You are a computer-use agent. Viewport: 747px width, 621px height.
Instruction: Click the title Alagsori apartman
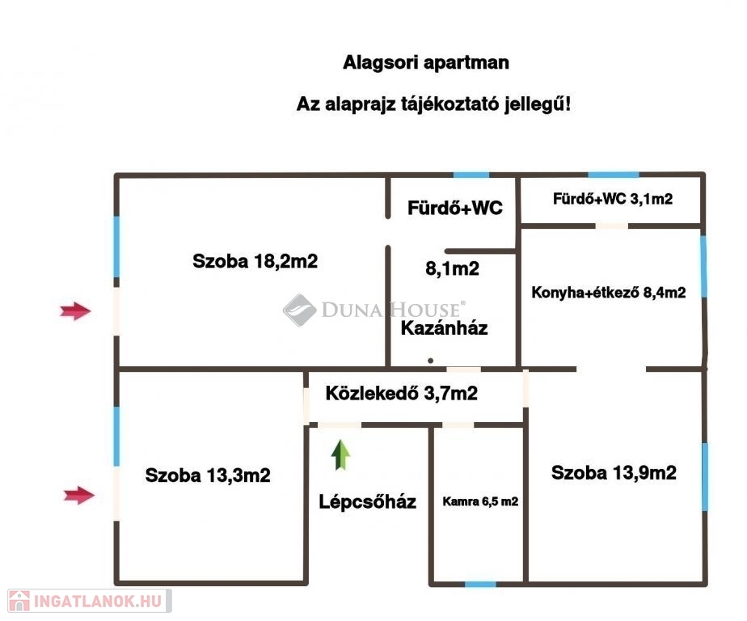pyautogui.click(x=426, y=62)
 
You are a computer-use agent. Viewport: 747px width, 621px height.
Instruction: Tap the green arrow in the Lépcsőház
pyautogui.click(x=341, y=455)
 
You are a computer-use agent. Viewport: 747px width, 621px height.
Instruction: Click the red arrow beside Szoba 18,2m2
pyautogui.click(x=76, y=310)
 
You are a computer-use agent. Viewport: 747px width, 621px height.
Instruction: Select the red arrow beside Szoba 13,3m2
pyautogui.click(x=79, y=495)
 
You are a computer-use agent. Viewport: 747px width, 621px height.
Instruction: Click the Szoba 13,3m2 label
pyautogui.click(x=208, y=475)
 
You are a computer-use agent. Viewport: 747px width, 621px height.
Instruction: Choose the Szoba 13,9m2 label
pyautogui.click(x=614, y=473)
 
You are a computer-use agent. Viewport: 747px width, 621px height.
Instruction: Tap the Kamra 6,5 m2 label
pyautogui.click(x=480, y=501)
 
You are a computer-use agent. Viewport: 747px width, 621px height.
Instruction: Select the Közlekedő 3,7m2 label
pyautogui.click(x=401, y=394)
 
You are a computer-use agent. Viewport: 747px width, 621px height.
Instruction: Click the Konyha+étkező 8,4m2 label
pyautogui.click(x=609, y=293)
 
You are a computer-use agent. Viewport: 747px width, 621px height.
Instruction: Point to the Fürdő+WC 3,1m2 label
pyautogui.click(x=613, y=199)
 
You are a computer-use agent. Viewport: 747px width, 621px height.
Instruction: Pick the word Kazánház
pyautogui.click(x=445, y=328)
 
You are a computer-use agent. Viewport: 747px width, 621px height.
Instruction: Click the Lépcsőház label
pyautogui.click(x=367, y=501)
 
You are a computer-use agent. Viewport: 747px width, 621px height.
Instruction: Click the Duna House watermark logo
pyautogui.click(x=373, y=310)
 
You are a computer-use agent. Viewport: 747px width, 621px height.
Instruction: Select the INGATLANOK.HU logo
pyautogui.click(x=87, y=601)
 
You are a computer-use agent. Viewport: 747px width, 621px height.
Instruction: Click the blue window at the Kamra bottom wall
pyautogui.click(x=480, y=583)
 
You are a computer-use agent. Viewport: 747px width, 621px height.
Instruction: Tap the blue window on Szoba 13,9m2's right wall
pyautogui.click(x=705, y=477)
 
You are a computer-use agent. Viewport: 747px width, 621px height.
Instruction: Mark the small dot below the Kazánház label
pyautogui.click(x=431, y=360)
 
